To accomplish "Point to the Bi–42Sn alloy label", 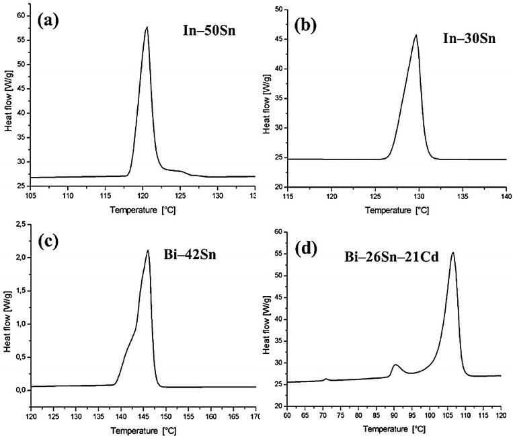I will (203, 259).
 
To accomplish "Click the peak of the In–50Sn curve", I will (147, 28).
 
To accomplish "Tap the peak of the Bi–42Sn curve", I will (147, 251).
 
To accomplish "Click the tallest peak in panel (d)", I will (452, 253).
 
